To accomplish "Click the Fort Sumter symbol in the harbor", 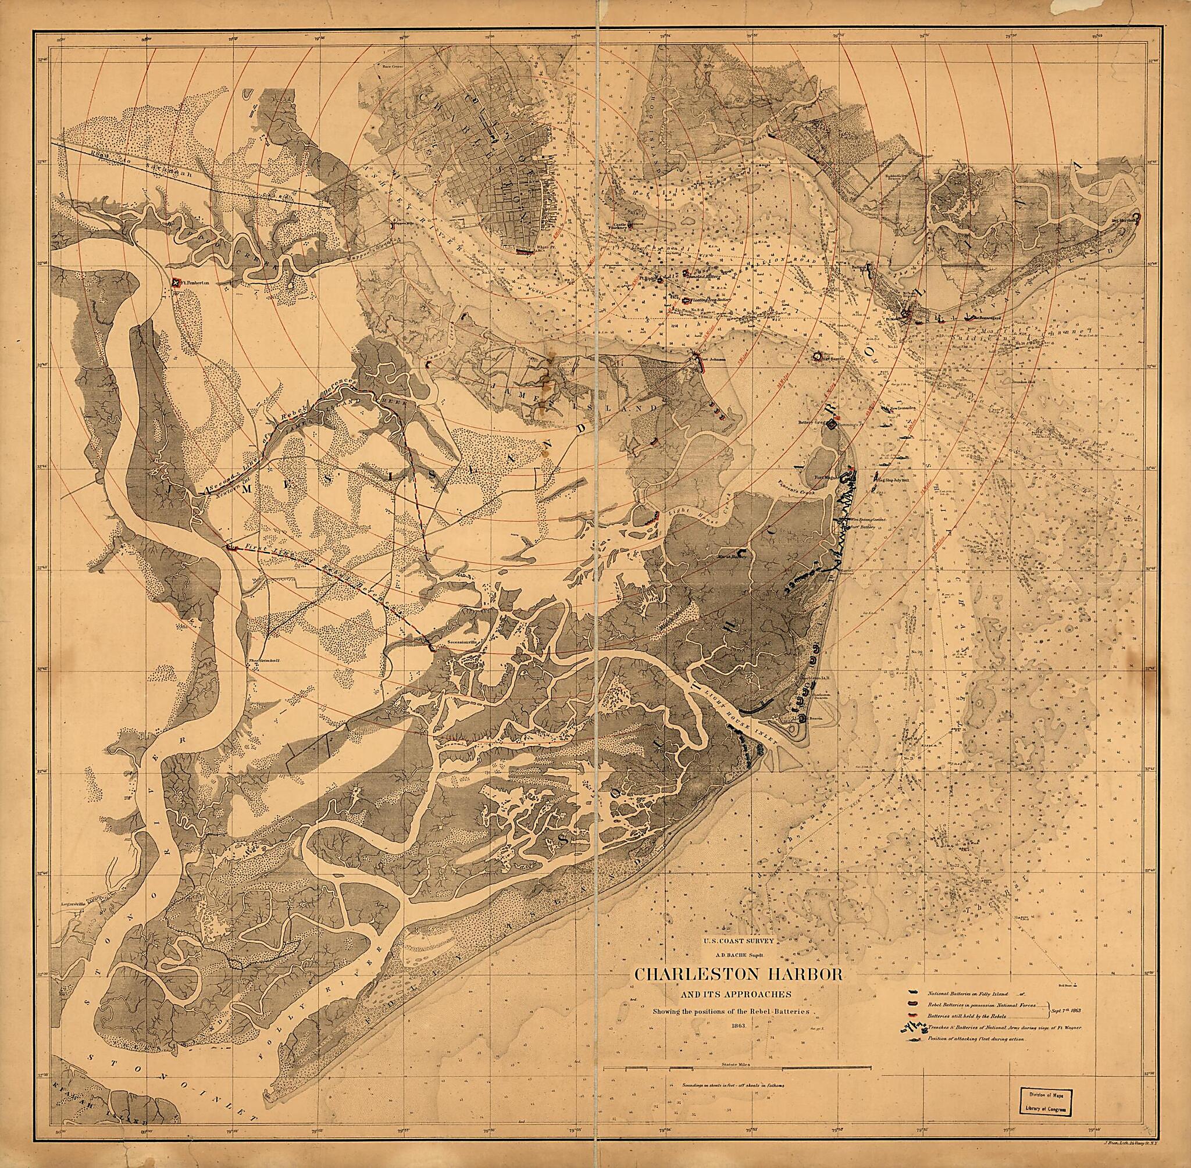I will (817, 356).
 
